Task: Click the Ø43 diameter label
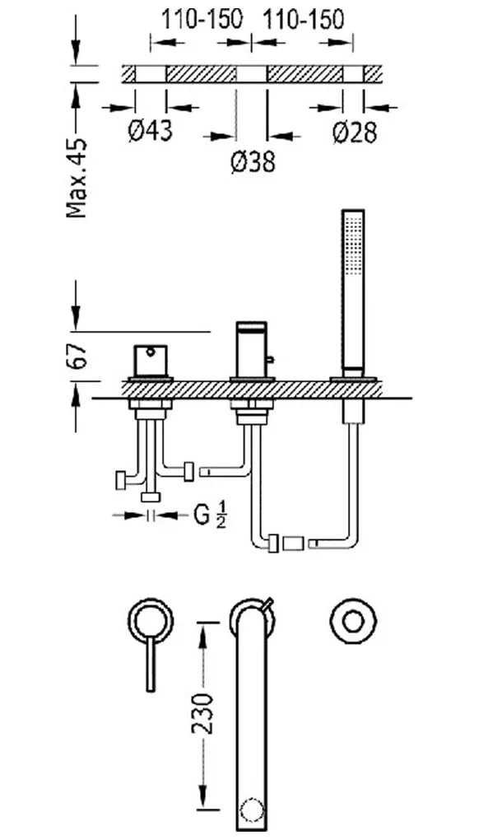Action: (151, 130)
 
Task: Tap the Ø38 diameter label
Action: (253, 161)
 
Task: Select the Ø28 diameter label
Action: (354, 132)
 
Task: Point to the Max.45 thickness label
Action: (77, 179)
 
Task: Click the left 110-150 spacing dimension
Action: (202, 20)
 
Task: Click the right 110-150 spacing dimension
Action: (302, 20)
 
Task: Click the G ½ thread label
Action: (209, 516)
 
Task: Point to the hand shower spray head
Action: (352, 289)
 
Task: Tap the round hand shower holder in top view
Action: (352, 623)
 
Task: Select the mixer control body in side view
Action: (151, 361)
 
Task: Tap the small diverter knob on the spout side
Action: (271, 358)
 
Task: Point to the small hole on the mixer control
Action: (151, 352)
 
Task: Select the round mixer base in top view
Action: (151, 622)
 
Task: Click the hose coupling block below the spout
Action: (294, 544)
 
